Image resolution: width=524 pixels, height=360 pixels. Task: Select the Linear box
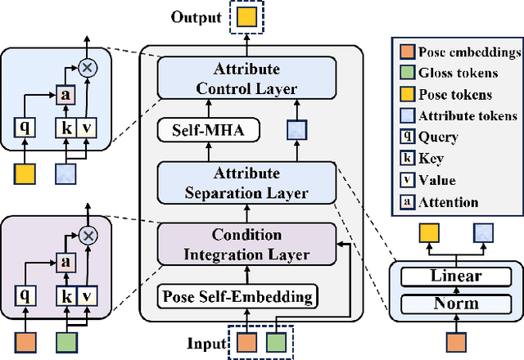pyautogui.click(x=456, y=277)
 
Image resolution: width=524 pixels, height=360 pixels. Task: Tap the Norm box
pyautogui.click(x=456, y=304)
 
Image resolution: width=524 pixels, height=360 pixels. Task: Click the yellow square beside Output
pyautogui.click(x=247, y=17)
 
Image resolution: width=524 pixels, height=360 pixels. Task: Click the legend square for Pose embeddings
pyautogui.click(x=405, y=53)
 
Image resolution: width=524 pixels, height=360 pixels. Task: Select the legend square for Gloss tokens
pyautogui.click(x=405, y=74)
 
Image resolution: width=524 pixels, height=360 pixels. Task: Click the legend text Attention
pyautogui.click(x=447, y=201)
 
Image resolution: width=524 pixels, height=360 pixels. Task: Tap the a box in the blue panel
pyautogui.click(x=65, y=94)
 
